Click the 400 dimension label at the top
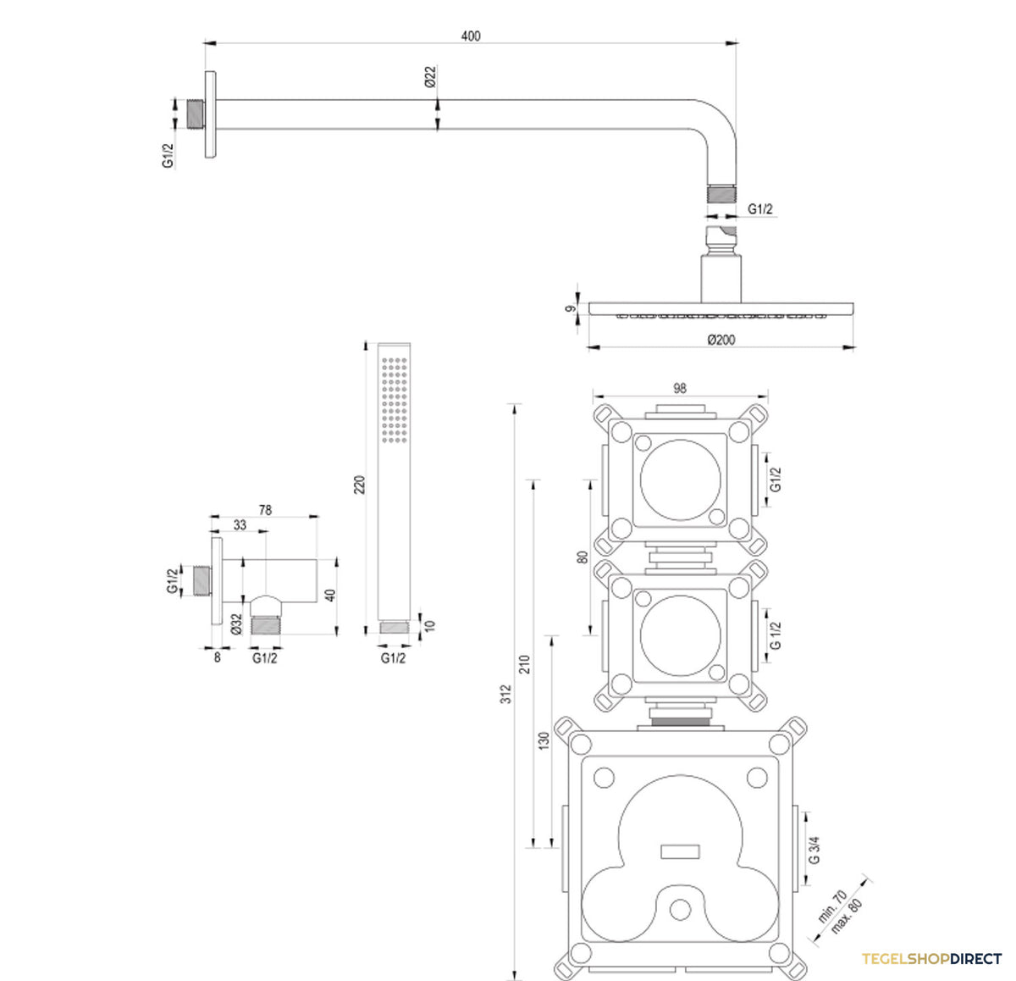[x=471, y=36]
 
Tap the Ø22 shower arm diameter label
[x=430, y=76]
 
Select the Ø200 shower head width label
[x=721, y=340]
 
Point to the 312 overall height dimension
[x=506, y=694]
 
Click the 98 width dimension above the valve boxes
[x=680, y=388]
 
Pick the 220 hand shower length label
[x=359, y=485]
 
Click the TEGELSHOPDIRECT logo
[x=931, y=959]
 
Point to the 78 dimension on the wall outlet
[x=265, y=510]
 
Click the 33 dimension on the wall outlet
[x=240, y=525]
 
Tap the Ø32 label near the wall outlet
[x=236, y=624]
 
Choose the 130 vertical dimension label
[x=544, y=741]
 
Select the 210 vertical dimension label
[x=525, y=664]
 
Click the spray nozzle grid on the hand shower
[x=395, y=400]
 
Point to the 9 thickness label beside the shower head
[x=571, y=308]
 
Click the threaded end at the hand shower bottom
[x=395, y=628]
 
